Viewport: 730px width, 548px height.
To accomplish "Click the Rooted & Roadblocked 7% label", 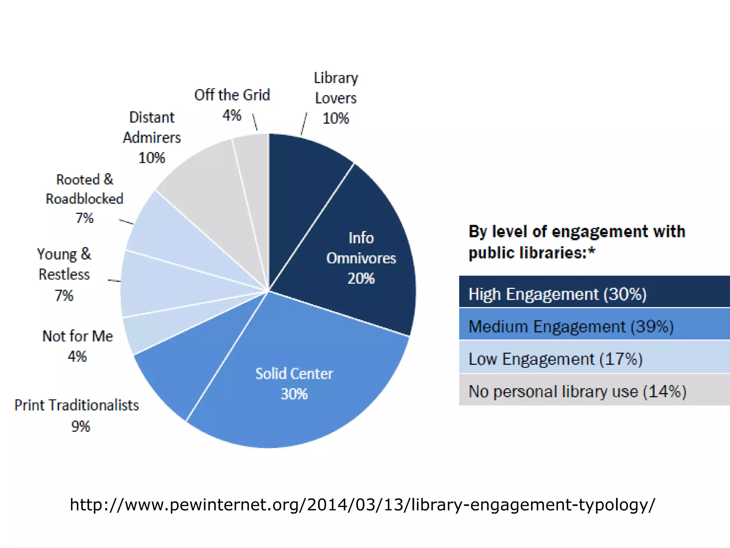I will pyautogui.click(x=84, y=199).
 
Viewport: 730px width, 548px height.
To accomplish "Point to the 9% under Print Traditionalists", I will pyautogui.click(x=81, y=426).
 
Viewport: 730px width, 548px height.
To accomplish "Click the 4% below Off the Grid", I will pyautogui.click(x=232, y=116).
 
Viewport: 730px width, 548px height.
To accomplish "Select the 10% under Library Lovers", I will pyautogui.click(x=335, y=118).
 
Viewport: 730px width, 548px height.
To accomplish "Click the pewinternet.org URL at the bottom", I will pyautogui.click(x=362, y=504).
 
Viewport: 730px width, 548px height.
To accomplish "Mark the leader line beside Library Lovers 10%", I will pyautogui.click(x=304, y=124).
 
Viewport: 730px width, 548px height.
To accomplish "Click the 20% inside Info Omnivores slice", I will pyautogui.click(x=361, y=278).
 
